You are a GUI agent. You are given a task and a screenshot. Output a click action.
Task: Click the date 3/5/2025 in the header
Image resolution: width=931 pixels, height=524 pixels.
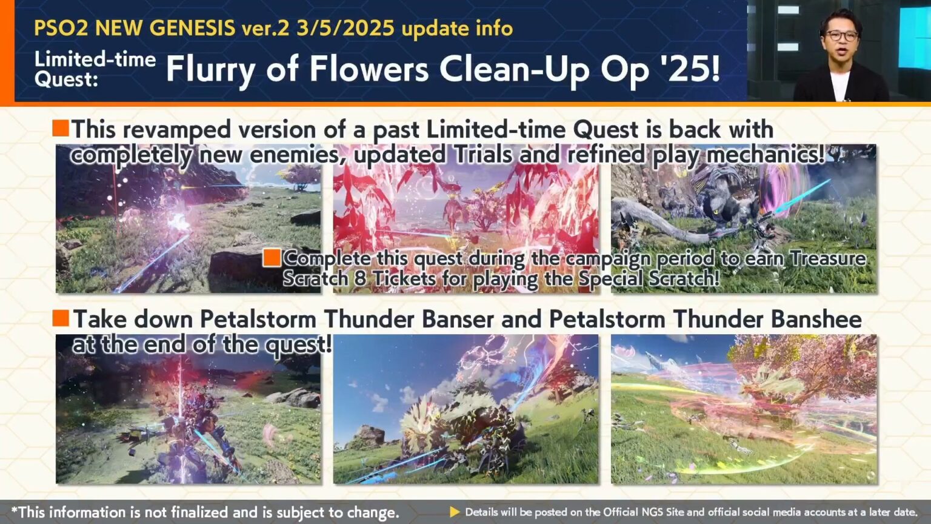coord(345,29)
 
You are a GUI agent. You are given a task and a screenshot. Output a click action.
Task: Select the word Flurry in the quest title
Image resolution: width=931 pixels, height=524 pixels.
coord(210,70)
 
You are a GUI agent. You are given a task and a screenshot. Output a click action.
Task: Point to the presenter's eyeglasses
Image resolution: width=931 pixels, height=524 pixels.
coord(841,35)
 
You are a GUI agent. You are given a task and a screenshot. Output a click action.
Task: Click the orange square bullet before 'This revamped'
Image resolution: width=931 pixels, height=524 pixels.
coord(61,128)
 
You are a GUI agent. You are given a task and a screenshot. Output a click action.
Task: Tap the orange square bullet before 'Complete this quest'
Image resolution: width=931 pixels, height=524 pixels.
coord(272,258)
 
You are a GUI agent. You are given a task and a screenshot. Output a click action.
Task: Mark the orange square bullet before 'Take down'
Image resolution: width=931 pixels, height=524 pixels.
coord(61,318)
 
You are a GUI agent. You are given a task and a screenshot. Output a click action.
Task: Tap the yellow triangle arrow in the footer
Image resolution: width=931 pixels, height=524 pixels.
coord(455,512)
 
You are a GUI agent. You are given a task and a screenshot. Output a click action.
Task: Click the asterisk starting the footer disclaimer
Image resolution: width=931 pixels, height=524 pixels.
coord(14,511)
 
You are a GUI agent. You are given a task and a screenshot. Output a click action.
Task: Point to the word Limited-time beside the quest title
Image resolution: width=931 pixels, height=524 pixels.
coord(95,59)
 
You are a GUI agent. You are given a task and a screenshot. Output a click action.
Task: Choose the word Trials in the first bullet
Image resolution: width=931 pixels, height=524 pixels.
coord(482,155)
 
